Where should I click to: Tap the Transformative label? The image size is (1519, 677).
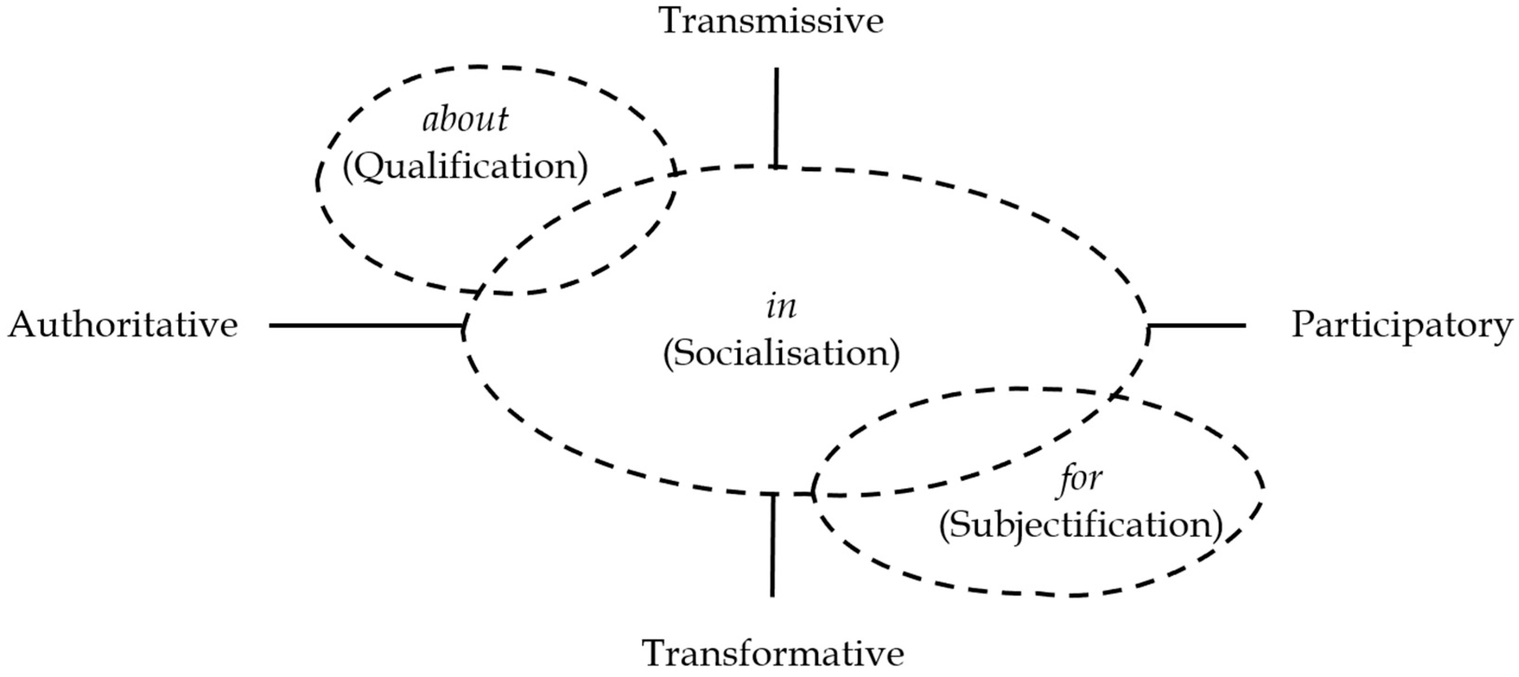(x=773, y=653)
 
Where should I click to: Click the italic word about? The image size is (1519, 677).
(x=465, y=120)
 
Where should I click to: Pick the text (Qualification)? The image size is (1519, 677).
(x=465, y=167)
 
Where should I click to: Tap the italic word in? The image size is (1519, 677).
(x=781, y=307)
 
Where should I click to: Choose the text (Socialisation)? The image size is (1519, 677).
(x=781, y=354)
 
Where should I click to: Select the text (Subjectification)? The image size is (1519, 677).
(x=1080, y=525)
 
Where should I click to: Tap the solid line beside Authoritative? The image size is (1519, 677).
(x=366, y=325)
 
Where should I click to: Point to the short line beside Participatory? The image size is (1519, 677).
(x=1197, y=325)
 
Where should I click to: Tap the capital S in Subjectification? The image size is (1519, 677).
(x=961, y=525)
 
